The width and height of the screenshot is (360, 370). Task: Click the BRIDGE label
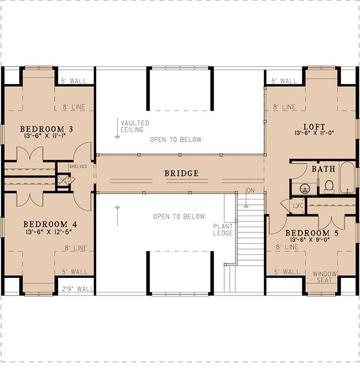tap(182, 173)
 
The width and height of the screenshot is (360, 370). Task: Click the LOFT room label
tap(314, 127)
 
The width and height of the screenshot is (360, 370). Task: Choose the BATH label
tap(323, 169)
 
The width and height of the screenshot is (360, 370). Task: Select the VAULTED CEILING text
tap(134, 127)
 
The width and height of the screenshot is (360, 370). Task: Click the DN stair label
tap(250, 191)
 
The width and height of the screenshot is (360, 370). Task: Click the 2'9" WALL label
tap(77, 289)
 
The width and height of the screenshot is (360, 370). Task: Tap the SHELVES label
tap(79, 166)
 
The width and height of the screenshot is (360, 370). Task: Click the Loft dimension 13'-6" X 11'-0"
tap(314, 136)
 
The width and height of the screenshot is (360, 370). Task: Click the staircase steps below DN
tap(250, 234)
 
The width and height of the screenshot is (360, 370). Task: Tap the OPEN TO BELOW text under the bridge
tap(179, 216)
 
